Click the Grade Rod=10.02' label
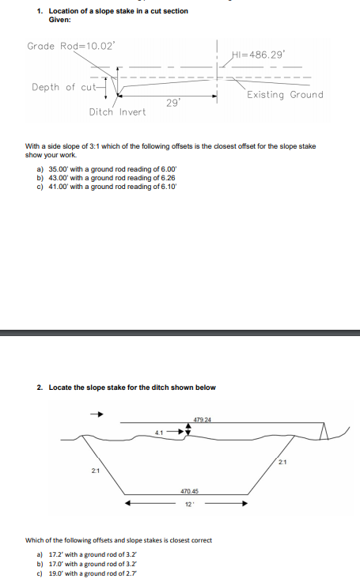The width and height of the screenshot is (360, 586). [x=70, y=46]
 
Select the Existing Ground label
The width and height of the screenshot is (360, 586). [x=285, y=95]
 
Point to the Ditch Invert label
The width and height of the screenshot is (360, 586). [x=117, y=112]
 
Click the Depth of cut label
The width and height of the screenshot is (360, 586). [x=63, y=87]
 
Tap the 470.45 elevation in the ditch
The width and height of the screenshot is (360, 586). [x=190, y=491]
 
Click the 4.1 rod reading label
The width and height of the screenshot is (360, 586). [x=159, y=432]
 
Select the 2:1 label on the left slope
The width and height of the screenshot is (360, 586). [x=95, y=472]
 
